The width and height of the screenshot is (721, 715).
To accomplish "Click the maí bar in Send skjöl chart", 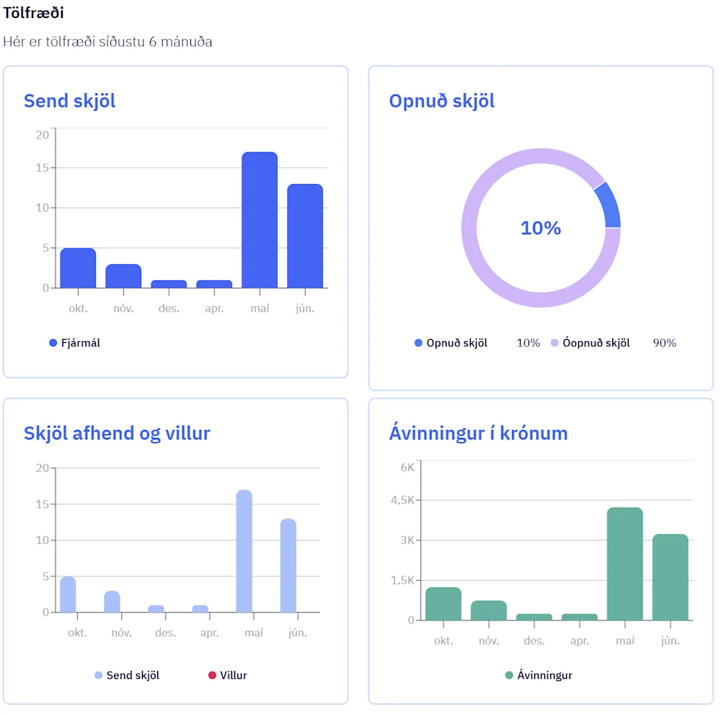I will tap(260, 220).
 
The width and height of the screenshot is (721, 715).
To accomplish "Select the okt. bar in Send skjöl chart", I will tap(78, 268).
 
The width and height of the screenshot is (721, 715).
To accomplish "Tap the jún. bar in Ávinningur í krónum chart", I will tap(670, 577).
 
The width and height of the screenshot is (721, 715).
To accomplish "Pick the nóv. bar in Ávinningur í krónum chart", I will tap(489, 610).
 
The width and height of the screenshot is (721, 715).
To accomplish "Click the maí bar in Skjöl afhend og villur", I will tap(244, 551).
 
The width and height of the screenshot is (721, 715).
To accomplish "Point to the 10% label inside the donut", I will tap(541, 228).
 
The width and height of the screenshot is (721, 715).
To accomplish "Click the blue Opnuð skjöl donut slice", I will tap(608, 206).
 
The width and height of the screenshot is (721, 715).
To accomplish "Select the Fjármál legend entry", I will tap(75, 343).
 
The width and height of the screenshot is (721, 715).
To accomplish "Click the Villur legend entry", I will tap(228, 675).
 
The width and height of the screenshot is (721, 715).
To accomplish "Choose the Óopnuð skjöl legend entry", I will tap(590, 343).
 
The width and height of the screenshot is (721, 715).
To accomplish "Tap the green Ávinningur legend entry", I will tap(539, 675).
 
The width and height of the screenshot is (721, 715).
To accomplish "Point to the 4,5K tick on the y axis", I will tap(402, 500).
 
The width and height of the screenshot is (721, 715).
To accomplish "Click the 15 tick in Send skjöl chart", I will tap(43, 168).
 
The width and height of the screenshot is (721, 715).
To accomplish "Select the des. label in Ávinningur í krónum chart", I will tap(534, 641).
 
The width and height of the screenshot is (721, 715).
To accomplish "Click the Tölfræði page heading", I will tap(33, 12).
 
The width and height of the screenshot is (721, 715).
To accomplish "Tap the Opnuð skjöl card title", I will tap(441, 101).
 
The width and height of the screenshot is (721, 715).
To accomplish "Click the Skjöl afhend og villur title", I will tap(117, 433).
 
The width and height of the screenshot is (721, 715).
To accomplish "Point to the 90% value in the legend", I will tap(664, 343).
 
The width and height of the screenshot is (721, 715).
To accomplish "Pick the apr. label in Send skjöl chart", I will tap(214, 308).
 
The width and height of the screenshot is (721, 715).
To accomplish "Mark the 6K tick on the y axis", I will tap(407, 467).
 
